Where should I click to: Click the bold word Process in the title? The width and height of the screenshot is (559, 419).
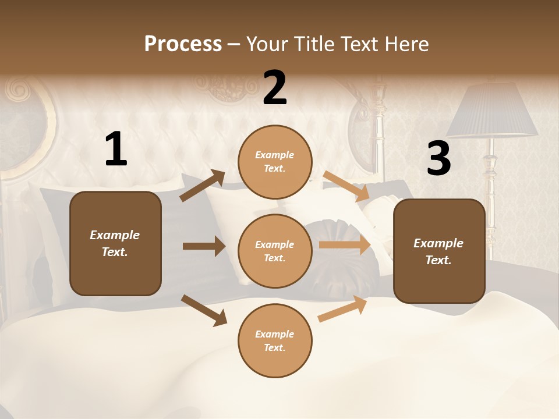pos(183,44)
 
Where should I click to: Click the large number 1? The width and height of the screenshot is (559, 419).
pos(116,150)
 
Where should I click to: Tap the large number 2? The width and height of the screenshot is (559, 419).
pos(275,88)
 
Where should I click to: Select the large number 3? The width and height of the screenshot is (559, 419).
pos(438,158)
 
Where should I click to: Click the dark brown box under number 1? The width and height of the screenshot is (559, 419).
pos(115,243)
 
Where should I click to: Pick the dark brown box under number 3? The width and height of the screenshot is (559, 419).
pos(438,251)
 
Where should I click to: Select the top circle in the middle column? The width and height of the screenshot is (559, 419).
pos(275,162)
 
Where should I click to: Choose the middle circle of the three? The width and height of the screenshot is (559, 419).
pos(275,251)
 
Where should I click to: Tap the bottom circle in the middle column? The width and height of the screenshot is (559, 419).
pos(275,340)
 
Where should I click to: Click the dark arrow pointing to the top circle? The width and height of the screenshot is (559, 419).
pos(203,186)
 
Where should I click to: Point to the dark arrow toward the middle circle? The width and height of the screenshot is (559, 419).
pos(204,246)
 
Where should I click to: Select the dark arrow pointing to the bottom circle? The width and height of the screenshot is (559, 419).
pos(204,310)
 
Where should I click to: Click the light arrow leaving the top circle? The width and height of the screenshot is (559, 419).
pos(346,186)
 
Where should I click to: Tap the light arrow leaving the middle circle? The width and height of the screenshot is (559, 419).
pos(345,245)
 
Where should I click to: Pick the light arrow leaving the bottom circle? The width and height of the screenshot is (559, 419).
pos(342,309)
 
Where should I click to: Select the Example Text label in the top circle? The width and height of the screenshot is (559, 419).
pos(275,162)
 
